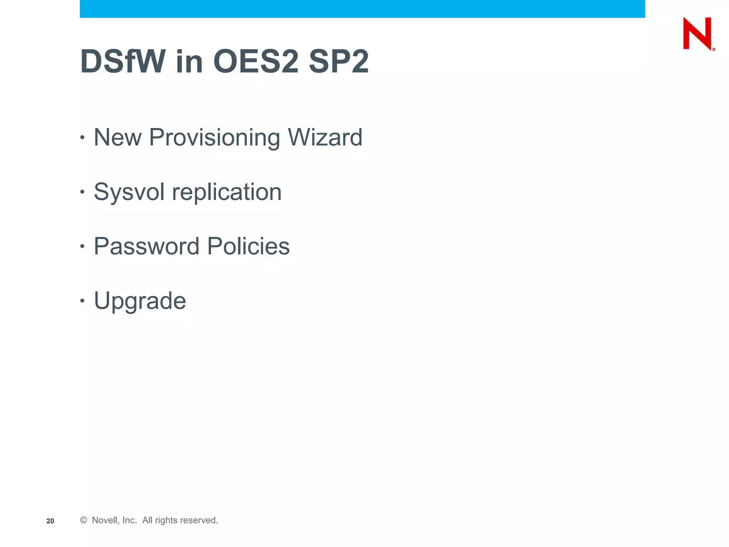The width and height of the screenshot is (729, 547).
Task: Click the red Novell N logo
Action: click(x=698, y=33)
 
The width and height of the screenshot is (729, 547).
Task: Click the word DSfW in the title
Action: click(x=123, y=62)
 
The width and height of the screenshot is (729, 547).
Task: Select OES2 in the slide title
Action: click(x=256, y=62)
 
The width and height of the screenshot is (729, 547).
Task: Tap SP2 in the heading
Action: click(x=339, y=62)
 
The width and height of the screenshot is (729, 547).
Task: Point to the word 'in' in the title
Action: click(x=189, y=62)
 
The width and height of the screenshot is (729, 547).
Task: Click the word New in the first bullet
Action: click(x=117, y=137)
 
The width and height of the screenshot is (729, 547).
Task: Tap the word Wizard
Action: click(x=325, y=137)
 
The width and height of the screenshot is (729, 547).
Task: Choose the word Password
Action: click(x=146, y=246)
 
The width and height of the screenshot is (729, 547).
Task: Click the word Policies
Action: click(x=248, y=246)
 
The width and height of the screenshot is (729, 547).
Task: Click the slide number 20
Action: click(x=50, y=521)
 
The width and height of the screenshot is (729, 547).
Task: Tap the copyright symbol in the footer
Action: click(x=84, y=520)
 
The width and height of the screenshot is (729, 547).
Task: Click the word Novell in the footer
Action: click(x=105, y=520)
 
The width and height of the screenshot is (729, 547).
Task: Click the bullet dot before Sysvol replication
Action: click(x=82, y=192)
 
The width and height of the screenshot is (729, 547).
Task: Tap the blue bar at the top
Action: click(x=362, y=9)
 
